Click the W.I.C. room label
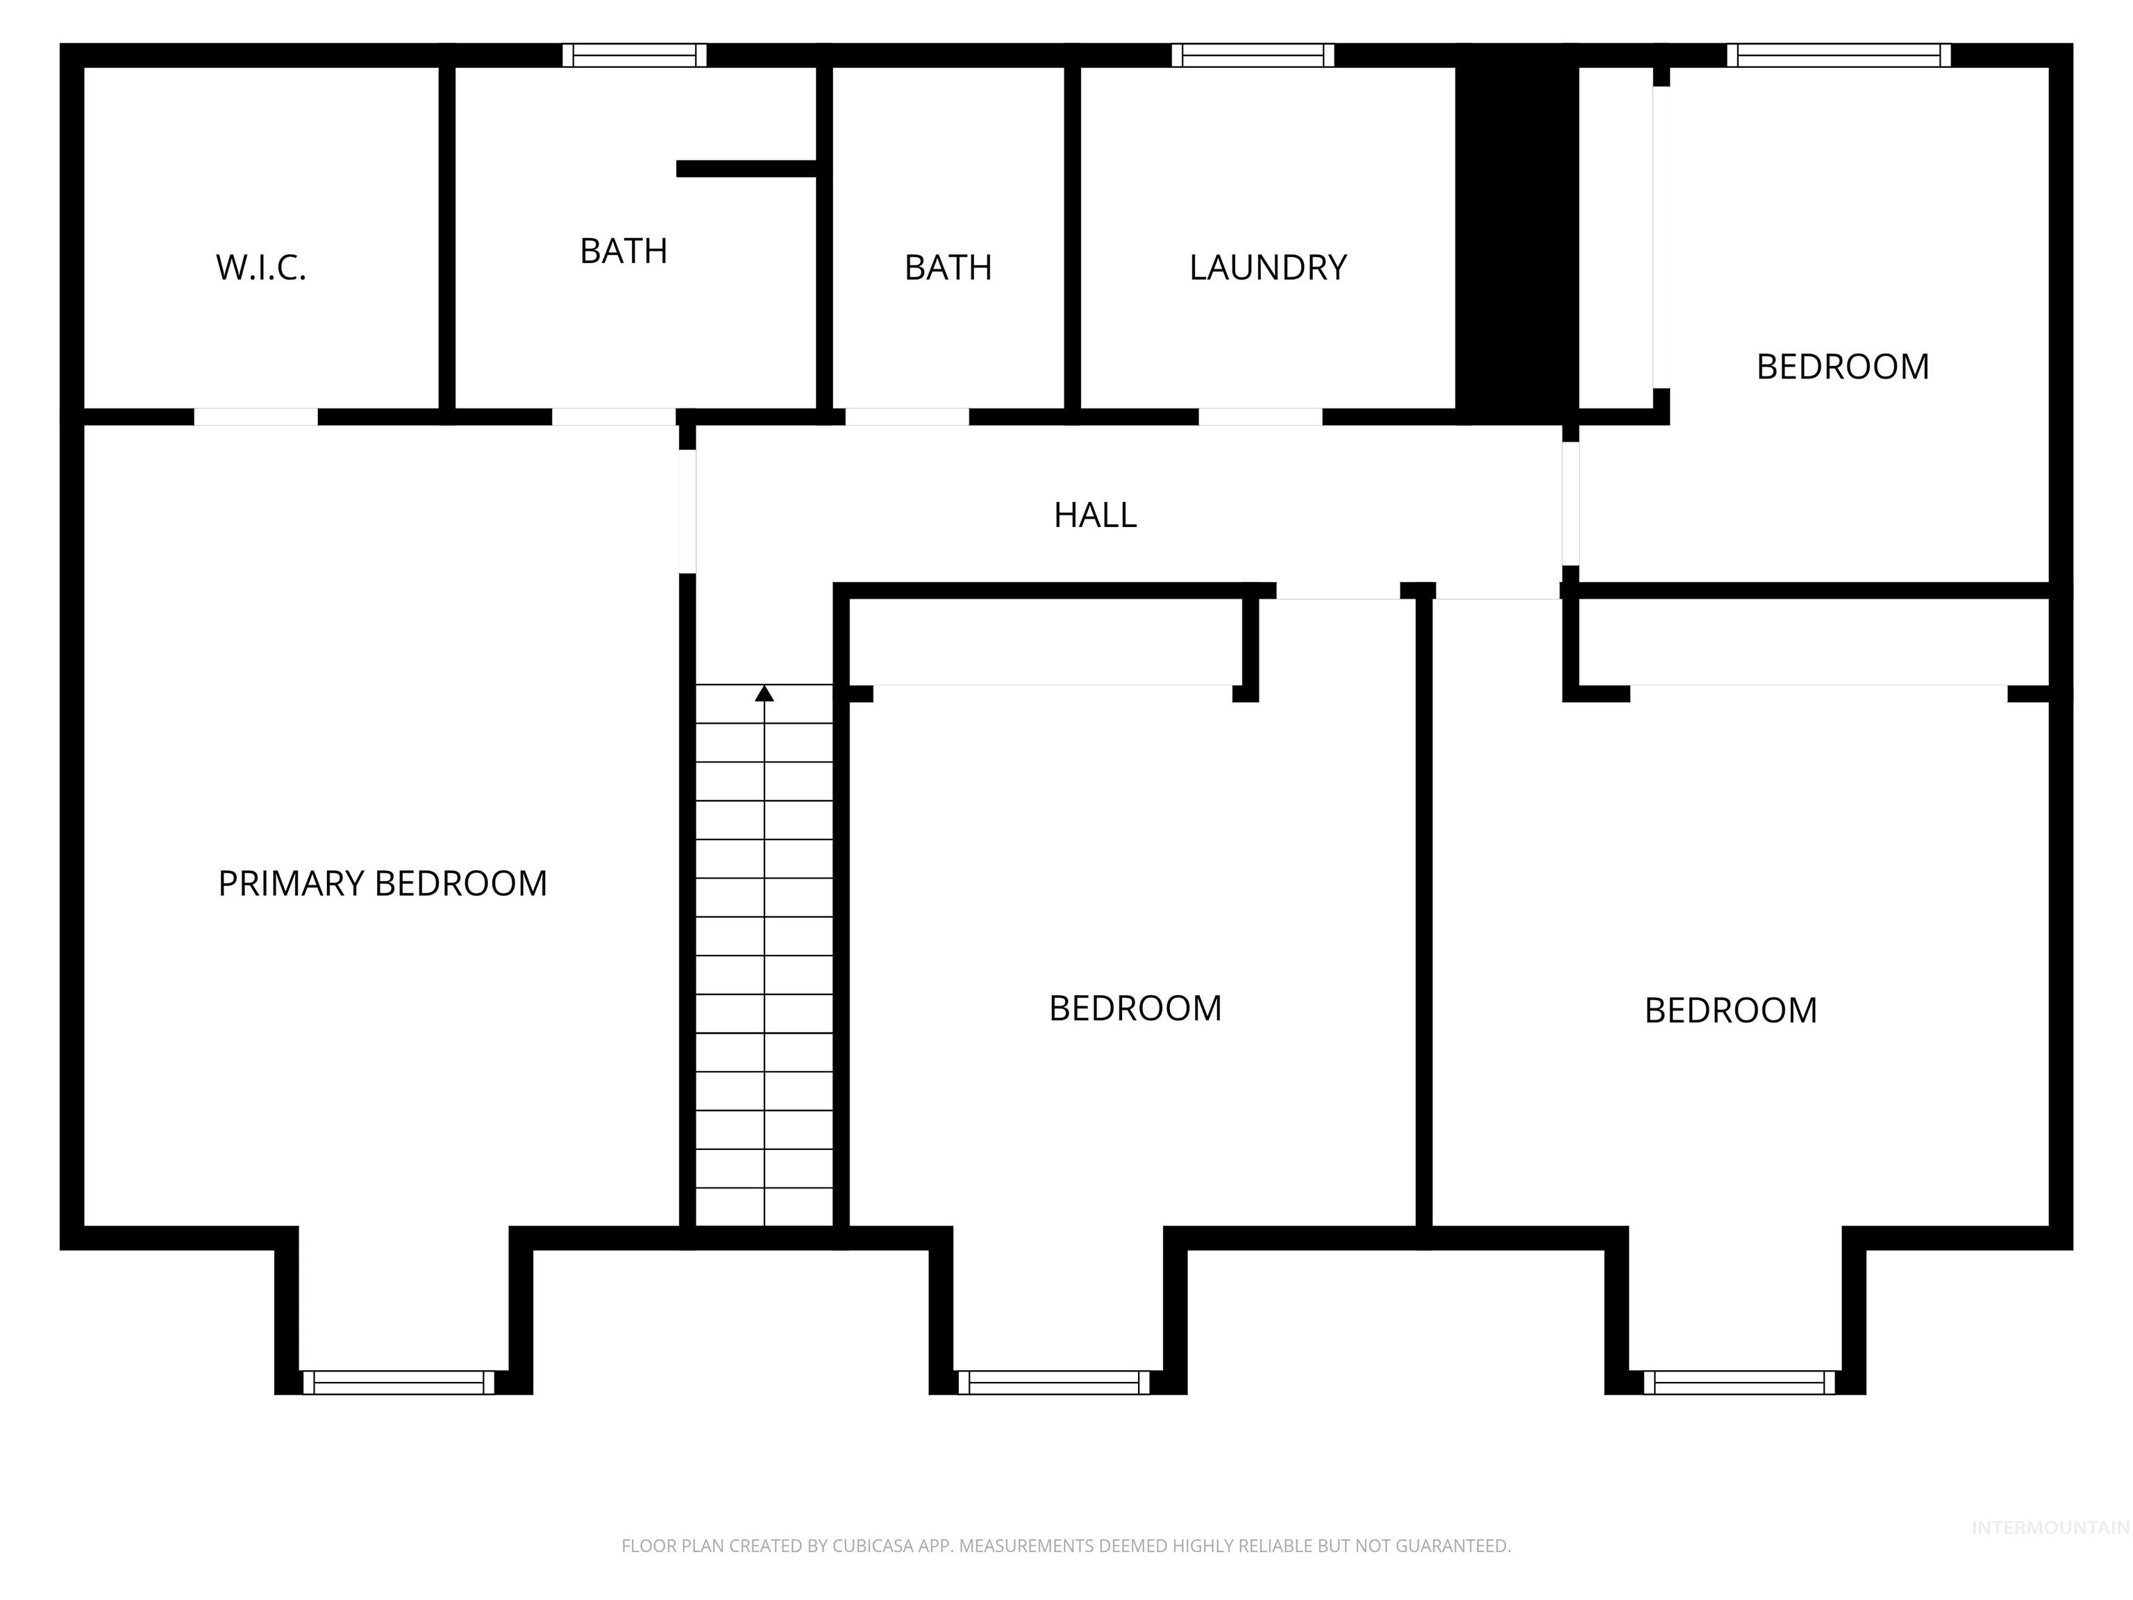tap(260, 267)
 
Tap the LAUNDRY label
tap(1267, 267)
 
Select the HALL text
tap(1094, 515)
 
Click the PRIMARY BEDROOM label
tap(382, 883)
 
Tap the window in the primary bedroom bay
tap(399, 1382)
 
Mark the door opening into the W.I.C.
tap(256, 417)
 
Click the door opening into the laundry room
tap(1260, 417)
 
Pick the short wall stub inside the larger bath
tap(746, 169)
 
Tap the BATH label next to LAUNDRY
tap(948, 267)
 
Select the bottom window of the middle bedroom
tap(1054, 1382)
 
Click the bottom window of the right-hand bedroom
tap(1739, 1382)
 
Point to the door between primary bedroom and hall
tap(687, 511)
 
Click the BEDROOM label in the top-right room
tap(1842, 367)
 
